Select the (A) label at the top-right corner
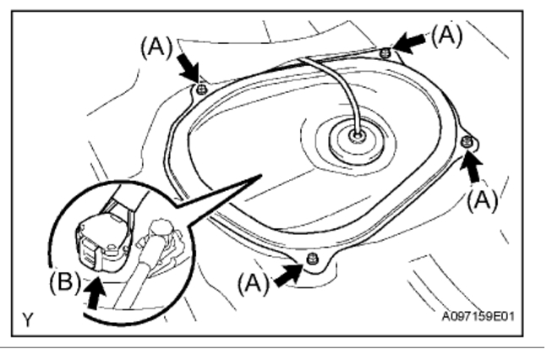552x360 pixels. pos(447,35)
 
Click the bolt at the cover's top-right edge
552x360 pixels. pos(385,53)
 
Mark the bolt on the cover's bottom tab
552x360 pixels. pos(314,257)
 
